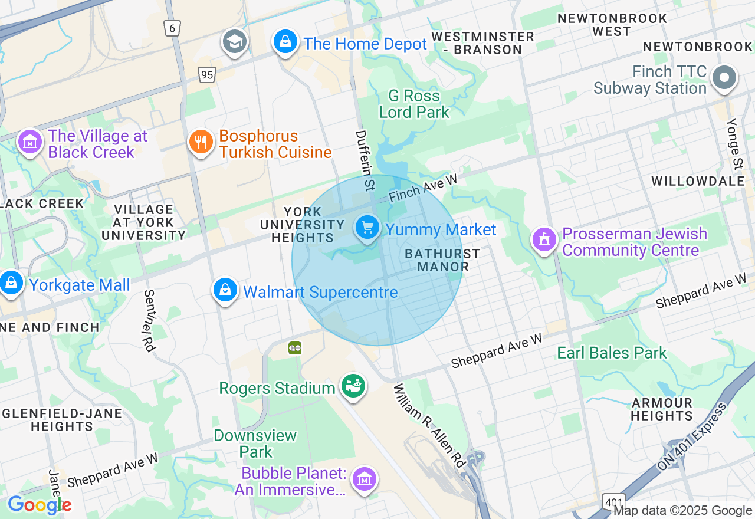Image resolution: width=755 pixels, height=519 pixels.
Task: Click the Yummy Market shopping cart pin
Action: [x=367, y=228]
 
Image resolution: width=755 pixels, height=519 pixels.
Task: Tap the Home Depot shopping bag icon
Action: [x=285, y=42]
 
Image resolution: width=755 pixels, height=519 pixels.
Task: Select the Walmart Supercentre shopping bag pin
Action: [x=225, y=291]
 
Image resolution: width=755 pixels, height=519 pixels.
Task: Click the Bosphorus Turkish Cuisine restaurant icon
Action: [x=201, y=142]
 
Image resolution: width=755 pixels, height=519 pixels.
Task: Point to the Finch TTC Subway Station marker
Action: [x=725, y=78]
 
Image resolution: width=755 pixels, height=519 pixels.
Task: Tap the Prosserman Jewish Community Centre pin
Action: [x=544, y=240]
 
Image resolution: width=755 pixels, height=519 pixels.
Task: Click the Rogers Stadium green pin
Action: [x=353, y=387]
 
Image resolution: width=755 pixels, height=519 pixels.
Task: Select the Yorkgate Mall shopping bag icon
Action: [x=11, y=284]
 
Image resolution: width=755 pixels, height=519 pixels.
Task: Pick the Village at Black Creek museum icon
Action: [x=29, y=142]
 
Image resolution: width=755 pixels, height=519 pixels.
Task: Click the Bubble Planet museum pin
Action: [x=365, y=479]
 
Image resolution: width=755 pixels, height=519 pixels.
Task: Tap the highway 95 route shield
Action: [x=206, y=74]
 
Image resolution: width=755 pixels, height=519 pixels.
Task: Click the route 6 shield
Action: [x=172, y=28]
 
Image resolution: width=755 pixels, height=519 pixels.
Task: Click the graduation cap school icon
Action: [x=234, y=42]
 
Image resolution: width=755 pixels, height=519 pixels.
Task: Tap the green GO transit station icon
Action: [x=295, y=347]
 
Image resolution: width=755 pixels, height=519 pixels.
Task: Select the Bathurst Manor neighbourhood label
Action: [x=442, y=260]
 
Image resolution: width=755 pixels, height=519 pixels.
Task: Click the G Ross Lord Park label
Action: [x=414, y=104]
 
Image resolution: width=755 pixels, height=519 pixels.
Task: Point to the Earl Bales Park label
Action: [x=612, y=353]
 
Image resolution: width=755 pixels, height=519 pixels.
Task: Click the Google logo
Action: [x=39, y=505]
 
